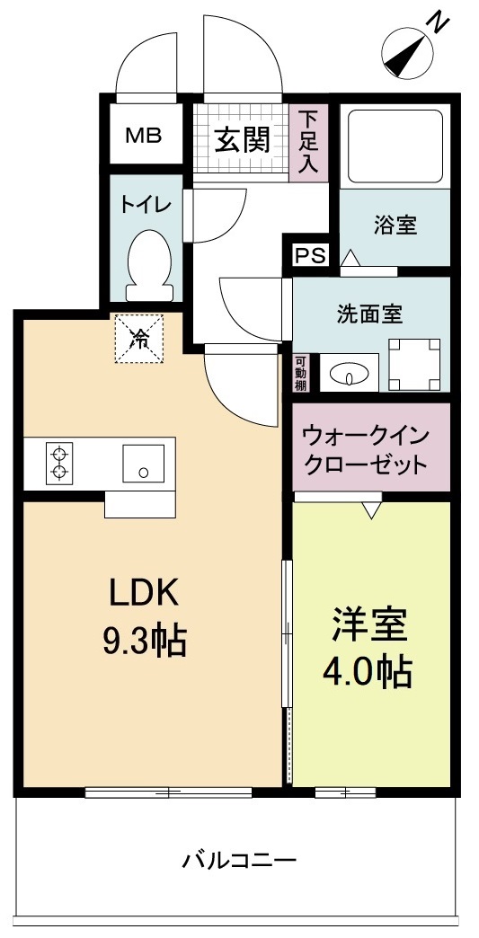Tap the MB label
pos(143,137)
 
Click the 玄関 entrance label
pos(242,139)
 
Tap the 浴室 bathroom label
pos(395,225)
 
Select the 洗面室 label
pos(369,314)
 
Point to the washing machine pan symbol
pos(414,364)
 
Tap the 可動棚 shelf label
pos(300,373)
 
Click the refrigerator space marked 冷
pos(140,339)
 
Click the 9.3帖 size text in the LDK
pos(146,641)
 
